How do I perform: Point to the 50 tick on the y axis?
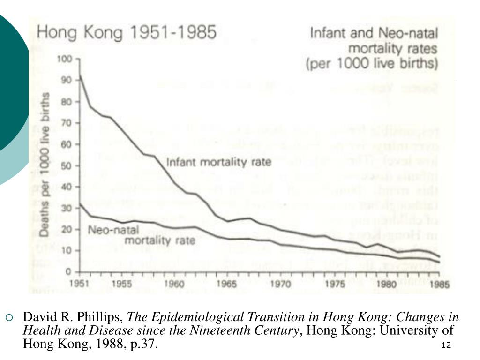coord(67,165)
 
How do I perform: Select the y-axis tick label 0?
coord(69,272)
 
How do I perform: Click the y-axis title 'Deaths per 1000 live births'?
coord(45,164)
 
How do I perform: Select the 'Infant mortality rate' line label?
coord(219,163)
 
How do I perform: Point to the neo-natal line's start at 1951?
coord(81,204)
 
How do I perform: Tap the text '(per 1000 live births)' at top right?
coord(372,63)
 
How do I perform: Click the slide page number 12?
coord(446,345)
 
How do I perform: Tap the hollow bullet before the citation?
coord(8,317)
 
